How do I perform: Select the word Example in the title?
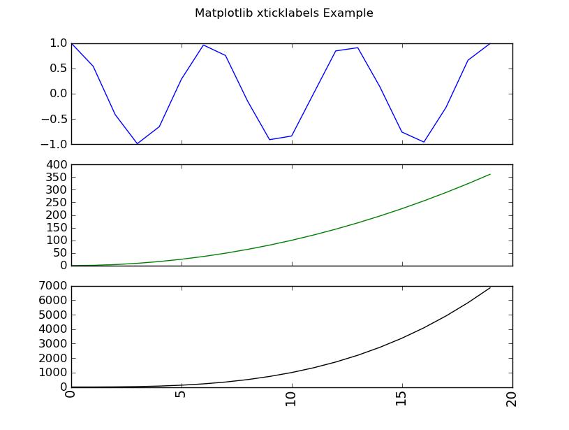click(348, 13)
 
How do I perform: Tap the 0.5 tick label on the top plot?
click(58, 69)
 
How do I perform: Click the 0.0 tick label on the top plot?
click(58, 94)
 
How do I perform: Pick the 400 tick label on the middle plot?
click(56, 164)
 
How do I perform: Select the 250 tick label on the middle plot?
click(56, 202)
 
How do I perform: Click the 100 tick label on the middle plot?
click(56, 240)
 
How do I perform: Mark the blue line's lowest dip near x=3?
click(138, 143)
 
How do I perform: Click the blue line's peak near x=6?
click(204, 45)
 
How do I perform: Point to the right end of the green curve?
click(490, 174)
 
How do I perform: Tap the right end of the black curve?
click(490, 287)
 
